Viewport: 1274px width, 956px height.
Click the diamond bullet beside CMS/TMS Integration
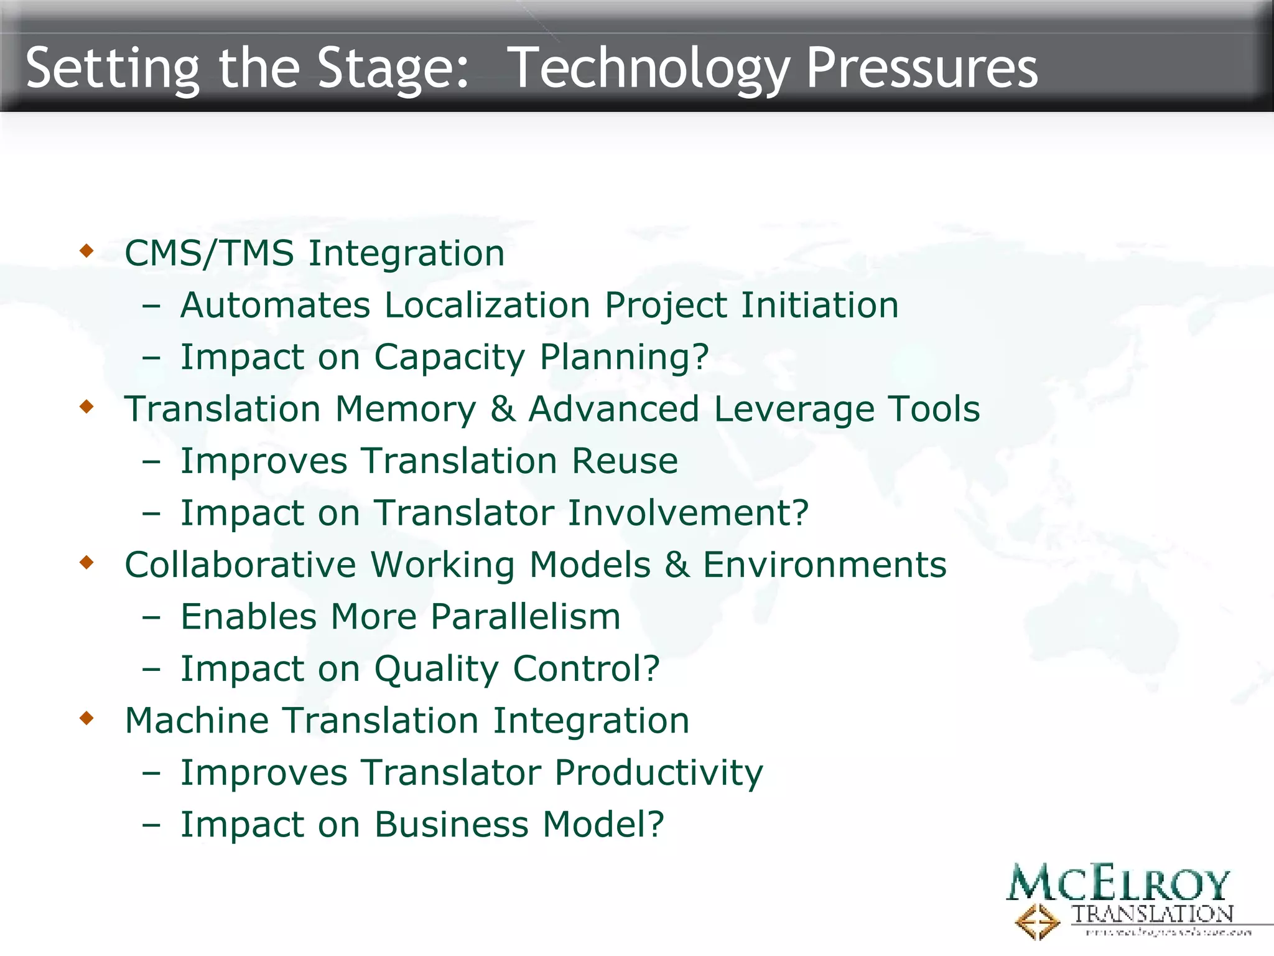click(x=86, y=251)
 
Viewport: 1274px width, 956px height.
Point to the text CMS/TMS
click(x=209, y=253)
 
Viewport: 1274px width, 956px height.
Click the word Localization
click(x=487, y=305)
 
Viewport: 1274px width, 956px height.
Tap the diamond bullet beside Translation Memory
click(x=86, y=407)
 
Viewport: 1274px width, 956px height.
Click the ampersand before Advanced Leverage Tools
click(x=503, y=409)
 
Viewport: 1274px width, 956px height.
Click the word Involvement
click(x=687, y=513)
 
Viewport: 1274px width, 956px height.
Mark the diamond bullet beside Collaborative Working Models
click(x=86, y=563)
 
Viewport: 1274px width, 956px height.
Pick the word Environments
click(x=824, y=565)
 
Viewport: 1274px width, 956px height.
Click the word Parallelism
click(x=525, y=617)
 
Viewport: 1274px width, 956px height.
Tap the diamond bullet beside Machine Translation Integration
click(x=86, y=718)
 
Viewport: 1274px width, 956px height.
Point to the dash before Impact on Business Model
click(x=151, y=825)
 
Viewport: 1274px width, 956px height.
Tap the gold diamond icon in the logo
click(x=1037, y=921)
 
